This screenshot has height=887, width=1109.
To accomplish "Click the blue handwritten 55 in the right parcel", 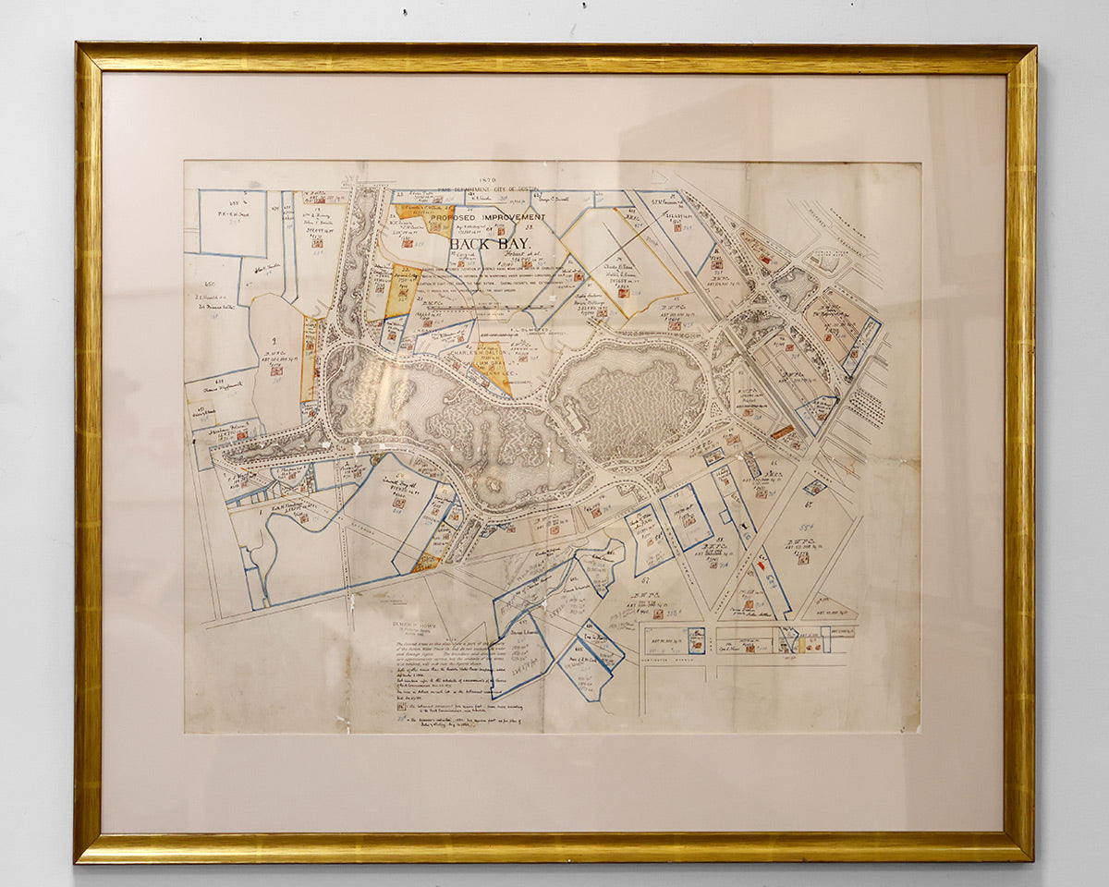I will (806, 526).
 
